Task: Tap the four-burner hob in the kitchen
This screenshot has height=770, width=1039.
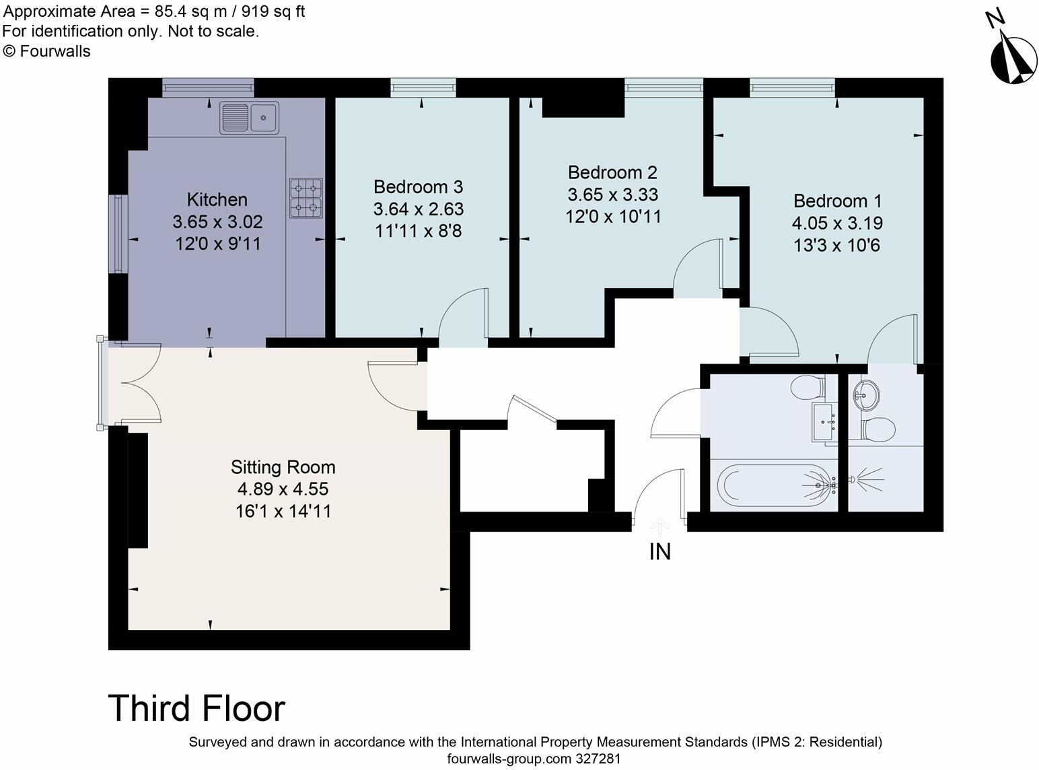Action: (306, 198)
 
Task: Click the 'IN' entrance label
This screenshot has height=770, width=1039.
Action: (659, 552)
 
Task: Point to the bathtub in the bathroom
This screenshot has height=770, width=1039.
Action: (774, 483)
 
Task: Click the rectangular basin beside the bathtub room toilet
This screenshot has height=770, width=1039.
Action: (824, 422)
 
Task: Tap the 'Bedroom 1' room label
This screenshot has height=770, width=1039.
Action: (837, 201)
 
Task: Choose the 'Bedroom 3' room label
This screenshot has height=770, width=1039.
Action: (418, 186)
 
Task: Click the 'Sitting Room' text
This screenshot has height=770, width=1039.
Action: (283, 467)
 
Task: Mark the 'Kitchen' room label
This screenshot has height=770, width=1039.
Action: (217, 200)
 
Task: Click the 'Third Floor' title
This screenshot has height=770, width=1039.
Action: (196, 708)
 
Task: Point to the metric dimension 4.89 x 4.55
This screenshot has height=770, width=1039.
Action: (283, 489)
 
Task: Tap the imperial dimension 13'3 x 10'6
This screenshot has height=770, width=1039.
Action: (837, 246)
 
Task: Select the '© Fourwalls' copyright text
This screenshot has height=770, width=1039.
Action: (46, 51)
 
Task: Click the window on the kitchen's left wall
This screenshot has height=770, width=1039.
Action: (118, 234)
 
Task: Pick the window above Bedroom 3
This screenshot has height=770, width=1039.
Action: (423, 85)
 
